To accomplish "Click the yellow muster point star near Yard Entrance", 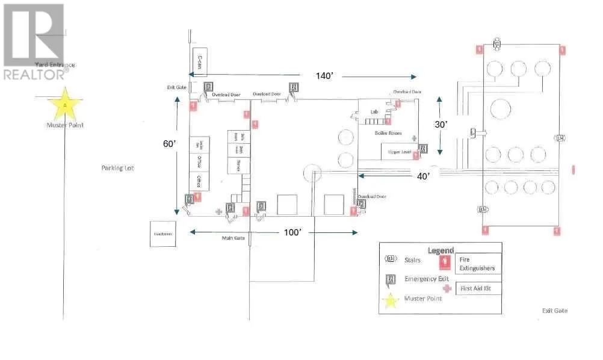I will tap(64, 104).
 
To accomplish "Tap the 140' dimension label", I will tap(325, 76).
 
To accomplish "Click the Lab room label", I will tap(374, 112).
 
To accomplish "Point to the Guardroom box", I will tap(162, 234).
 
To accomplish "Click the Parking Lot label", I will tap(117, 168).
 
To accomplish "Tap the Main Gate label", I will tap(232, 238).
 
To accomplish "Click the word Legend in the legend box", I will tap(439, 250).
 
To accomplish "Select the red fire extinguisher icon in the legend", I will tap(446, 261).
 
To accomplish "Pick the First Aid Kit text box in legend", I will tap(478, 288).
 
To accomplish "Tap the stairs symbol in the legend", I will tap(391, 259).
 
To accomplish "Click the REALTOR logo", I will tap(34, 42).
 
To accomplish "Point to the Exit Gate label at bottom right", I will tap(554, 311).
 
